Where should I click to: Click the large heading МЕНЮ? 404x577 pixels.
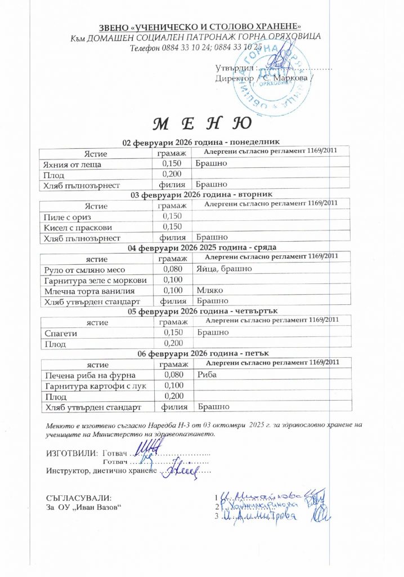click(x=201, y=123)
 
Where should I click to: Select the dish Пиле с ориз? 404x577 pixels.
click(x=67, y=217)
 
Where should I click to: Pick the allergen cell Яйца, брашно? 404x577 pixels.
click(x=224, y=269)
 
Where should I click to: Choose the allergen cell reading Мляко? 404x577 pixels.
click(x=210, y=290)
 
